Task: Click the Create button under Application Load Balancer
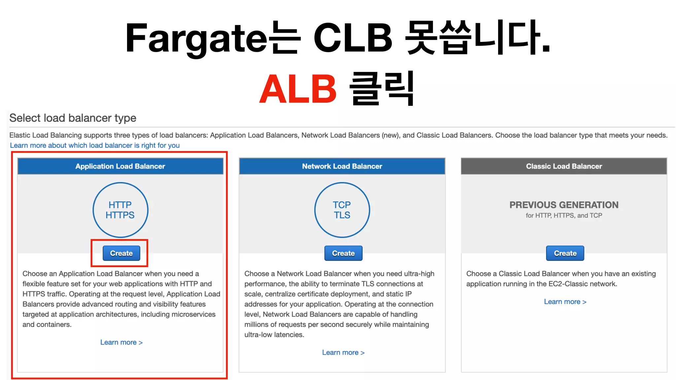(121, 253)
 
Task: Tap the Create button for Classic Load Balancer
(565, 253)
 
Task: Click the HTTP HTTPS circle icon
(120, 210)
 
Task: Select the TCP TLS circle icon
(342, 210)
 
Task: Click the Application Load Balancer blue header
(120, 166)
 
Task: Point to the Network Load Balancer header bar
(342, 166)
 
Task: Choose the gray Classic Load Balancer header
(564, 166)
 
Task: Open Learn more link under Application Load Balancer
(121, 342)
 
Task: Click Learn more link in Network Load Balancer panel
(343, 353)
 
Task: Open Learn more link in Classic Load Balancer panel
(565, 302)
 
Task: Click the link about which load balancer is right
(95, 145)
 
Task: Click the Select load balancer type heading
(73, 118)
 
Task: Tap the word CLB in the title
(353, 38)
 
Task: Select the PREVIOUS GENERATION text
(564, 205)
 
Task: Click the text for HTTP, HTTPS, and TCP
(564, 215)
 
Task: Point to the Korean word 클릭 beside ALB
(382, 88)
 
